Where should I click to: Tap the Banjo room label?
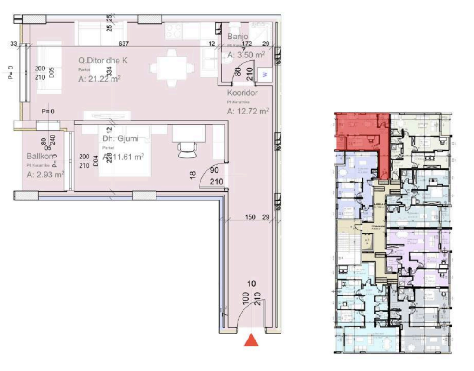(238, 37)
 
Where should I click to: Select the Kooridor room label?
(242, 93)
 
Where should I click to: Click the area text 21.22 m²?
(100, 79)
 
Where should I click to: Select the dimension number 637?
(123, 44)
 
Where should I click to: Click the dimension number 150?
(250, 217)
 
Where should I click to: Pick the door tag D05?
(51, 72)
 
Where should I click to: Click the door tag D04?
(96, 161)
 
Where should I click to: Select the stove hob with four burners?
(174, 31)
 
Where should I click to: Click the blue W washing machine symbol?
(265, 74)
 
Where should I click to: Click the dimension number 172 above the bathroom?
(247, 44)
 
